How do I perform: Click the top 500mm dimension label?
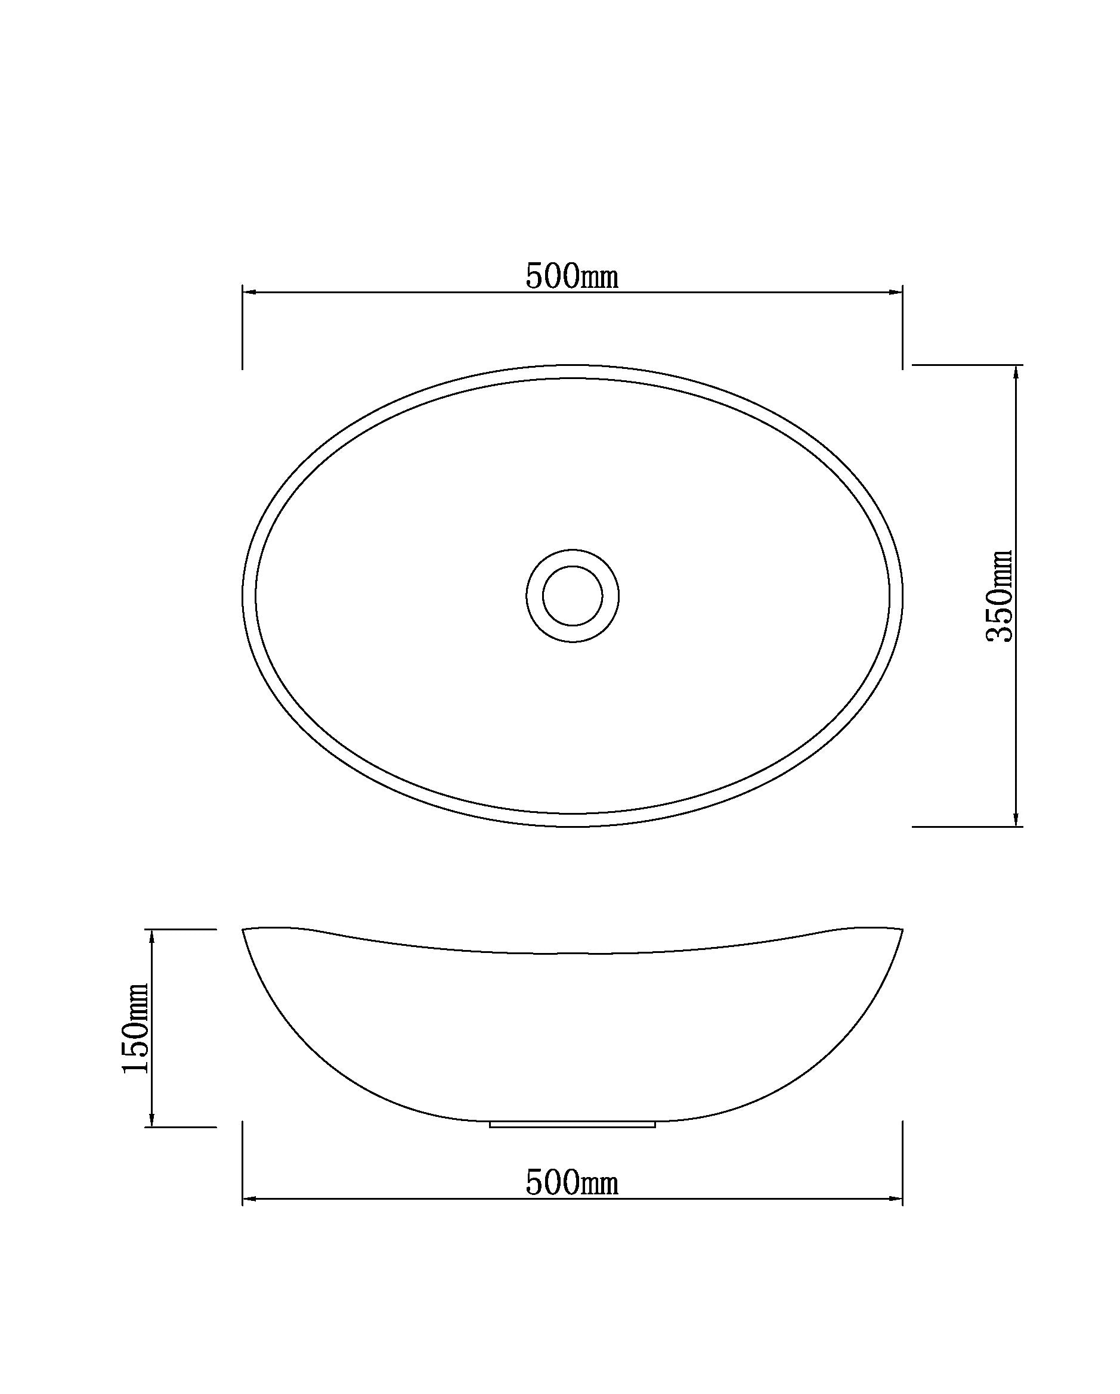(x=571, y=276)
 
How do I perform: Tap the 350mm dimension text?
(x=998, y=595)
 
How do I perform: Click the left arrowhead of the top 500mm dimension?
(x=250, y=292)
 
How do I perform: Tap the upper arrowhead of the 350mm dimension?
(x=1016, y=372)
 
